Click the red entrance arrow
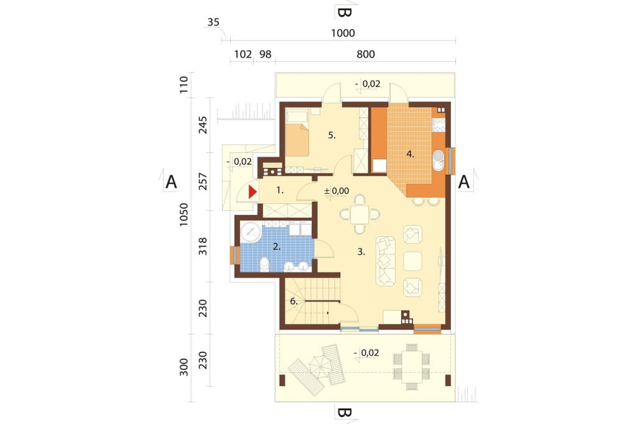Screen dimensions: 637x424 click(253, 191)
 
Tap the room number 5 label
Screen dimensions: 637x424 click(332, 136)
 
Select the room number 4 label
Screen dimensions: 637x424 click(411, 154)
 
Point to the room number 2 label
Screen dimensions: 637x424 click(277, 246)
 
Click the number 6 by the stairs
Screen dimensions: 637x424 click(294, 302)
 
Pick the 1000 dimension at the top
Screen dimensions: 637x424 click(343, 33)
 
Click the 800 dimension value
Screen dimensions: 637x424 click(366, 54)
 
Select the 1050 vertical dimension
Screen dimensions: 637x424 click(184, 214)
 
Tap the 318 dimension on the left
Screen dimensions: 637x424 click(203, 247)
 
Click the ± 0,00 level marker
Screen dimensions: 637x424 click(337, 190)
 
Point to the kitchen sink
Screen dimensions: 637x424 click(439, 160)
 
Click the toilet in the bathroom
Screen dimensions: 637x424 click(264, 264)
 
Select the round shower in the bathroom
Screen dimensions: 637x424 click(251, 232)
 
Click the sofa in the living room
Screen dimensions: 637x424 click(386, 261)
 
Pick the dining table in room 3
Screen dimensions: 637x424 click(360, 214)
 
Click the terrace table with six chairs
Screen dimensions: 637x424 click(412, 367)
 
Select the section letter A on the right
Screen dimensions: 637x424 click(464, 182)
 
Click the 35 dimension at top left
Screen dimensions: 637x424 click(213, 22)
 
